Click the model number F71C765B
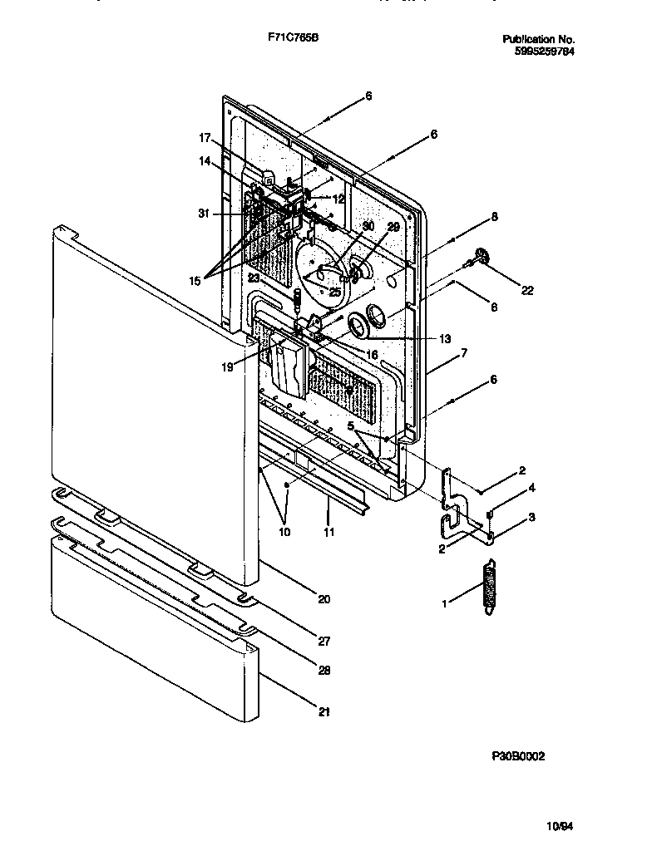point(289,39)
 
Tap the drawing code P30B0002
point(517,757)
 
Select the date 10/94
point(560,825)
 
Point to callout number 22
point(528,290)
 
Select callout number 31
point(205,214)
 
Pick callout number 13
point(445,338)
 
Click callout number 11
point(329,532)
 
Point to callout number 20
point(324,599)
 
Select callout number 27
point(324,642)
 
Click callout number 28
point(324,670)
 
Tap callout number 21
point(324,711)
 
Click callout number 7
point(464,353)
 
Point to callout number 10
point(285,532)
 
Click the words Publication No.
point(539,39)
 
